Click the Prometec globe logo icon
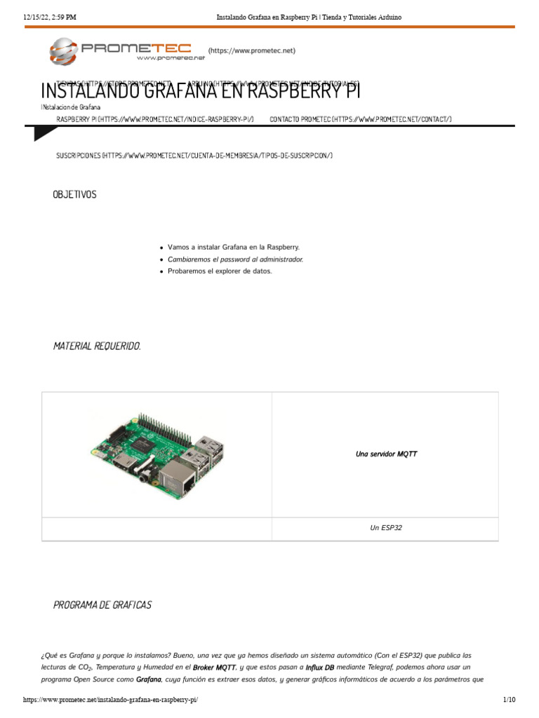(x=64, y=51)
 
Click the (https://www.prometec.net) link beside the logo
(x=252, y=50)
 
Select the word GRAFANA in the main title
(x=164, y=91)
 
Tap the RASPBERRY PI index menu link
(x=155, y=119)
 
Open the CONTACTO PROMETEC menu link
(x=361, y=119)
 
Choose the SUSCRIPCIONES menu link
(x=194, y=155)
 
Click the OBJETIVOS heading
(x=75, y=194)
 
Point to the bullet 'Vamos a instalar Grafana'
(x=234, y=248)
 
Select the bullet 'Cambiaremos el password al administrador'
(x=236, y=259)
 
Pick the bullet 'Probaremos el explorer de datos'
(x=220, y=271)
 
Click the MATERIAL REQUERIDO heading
(x=97, y=346)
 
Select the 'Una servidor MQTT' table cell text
(x=386, y=454)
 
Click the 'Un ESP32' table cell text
(x=386, y=528)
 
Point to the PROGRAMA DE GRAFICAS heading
(x=102, y=604)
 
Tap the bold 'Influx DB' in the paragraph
(x=320, y=668)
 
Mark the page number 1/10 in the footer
(x=510, y=700)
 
